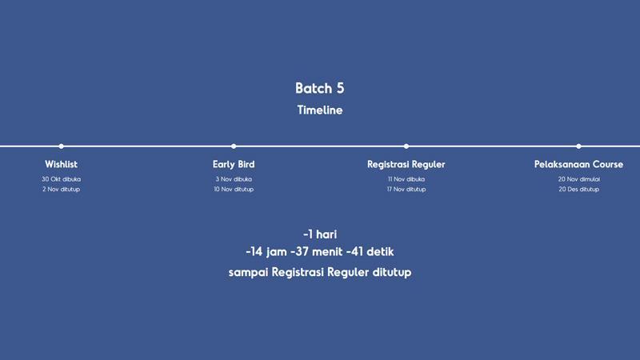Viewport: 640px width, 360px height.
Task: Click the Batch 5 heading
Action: [x=319, y=88]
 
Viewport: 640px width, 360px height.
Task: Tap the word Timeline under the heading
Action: [x=319, y=110]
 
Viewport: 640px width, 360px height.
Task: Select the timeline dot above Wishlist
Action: [x=61, y=146]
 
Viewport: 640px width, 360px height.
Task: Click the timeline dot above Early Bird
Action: [x=234, y=146]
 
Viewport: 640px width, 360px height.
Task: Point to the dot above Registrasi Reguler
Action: [x=406, y=146]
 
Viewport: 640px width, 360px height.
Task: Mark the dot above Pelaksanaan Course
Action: [x=578, y=146]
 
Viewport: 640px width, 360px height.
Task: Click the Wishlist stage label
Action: [x=62, y=164]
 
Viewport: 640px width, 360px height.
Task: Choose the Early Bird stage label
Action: [x=234, y=164]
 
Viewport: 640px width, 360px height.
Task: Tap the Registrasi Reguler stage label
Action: [x=406, y=164]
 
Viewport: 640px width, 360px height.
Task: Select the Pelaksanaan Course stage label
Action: [x=578, y=164]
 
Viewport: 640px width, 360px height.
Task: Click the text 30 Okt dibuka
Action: [x=62, y=179]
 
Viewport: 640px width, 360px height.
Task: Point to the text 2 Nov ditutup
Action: [x=62, y=190]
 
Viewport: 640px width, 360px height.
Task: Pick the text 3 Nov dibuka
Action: [x=234, y=179]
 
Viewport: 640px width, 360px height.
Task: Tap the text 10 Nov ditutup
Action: [x=234, y=190]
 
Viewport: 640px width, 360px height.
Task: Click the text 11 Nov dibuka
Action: [x=406, y=179]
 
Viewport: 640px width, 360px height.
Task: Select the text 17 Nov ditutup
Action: [x=406, y=190]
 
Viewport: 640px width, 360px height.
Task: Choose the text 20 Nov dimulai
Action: [x=578, y=179]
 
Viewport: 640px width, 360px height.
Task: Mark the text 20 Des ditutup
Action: [x=578, y=190]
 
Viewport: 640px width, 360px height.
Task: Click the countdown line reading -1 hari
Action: [x=320, y=234]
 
